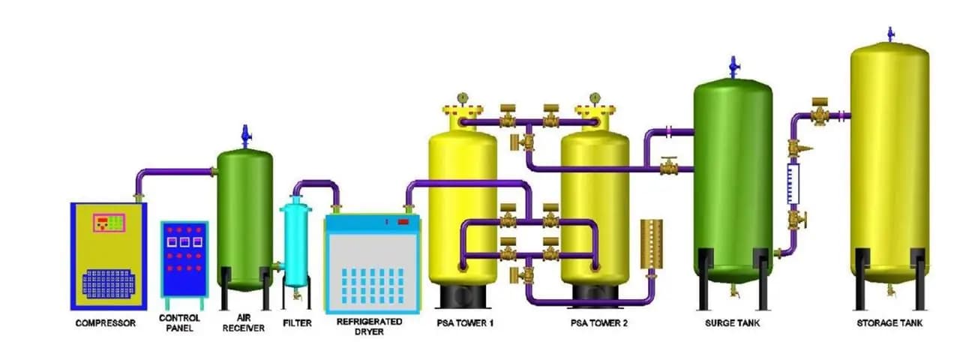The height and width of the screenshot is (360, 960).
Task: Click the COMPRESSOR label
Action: (106, 323)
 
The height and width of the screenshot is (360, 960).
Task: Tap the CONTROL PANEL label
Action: (179, 323)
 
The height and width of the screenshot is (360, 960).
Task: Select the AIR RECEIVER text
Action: (244, 323)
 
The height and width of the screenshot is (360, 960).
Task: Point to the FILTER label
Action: (297, 323)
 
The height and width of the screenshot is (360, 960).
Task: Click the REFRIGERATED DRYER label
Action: (370, 326)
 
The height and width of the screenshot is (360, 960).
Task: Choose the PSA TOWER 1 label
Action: (465, 323)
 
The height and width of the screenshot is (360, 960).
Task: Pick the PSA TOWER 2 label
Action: (598, 323)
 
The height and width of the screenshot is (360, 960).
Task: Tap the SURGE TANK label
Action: (733, 323)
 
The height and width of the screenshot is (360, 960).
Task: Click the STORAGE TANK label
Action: (889, 323)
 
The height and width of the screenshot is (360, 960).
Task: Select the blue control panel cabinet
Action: (184, 259)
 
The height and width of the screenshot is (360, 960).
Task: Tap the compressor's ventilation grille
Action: (109, 283)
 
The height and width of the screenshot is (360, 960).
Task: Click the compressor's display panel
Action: (109, 223)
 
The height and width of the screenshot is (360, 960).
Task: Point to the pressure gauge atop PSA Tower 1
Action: (463, 98)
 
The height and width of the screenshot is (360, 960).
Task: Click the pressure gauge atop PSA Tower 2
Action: (595, 98)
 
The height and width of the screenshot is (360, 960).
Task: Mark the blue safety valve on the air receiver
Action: (245, 136)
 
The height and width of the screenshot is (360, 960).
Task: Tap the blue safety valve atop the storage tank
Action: (891, 34)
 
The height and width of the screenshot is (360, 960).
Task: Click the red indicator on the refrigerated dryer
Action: (403, 221)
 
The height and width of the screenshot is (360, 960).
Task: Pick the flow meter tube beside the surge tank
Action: (793, 183)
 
